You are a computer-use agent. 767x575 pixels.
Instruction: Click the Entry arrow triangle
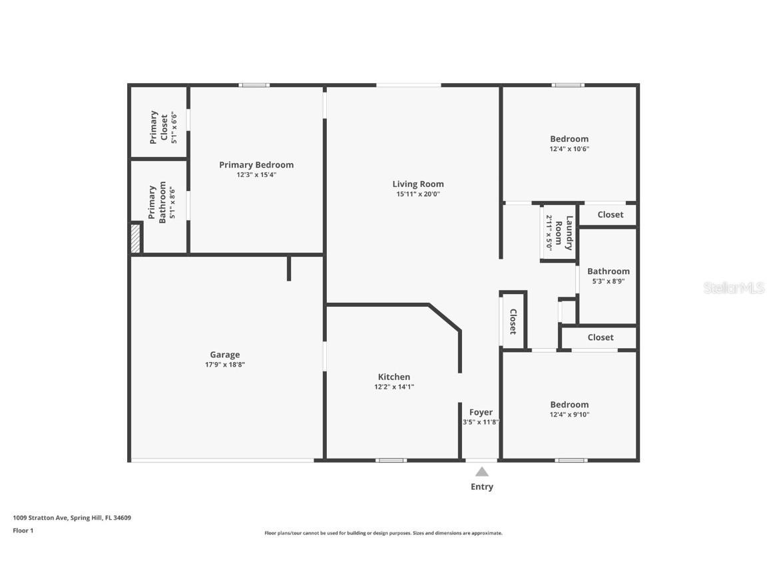(481, 472)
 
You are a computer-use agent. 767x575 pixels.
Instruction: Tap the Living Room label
(417, 184)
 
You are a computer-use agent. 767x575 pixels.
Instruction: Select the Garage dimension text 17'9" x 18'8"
(225, 365)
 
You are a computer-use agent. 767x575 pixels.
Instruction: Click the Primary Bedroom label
(256, 165)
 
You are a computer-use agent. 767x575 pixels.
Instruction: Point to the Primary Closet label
(158, 127)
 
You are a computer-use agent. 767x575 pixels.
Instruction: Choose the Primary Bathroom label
(157, 204)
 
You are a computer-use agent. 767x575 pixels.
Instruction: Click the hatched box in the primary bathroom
(135, 238)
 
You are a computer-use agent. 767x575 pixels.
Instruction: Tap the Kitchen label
(394, 377)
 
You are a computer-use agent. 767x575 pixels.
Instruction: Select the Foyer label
(481, 413)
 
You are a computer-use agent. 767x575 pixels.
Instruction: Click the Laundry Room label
(564, 232)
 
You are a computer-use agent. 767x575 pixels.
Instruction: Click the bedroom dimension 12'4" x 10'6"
(569, 149)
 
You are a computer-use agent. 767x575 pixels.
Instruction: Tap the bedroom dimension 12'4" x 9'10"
(569, 415)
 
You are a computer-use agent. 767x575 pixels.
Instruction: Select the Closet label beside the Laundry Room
(610, 214)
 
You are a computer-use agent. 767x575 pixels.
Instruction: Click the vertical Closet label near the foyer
(513, 321)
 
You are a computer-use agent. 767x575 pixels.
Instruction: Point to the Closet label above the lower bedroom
(600, 337)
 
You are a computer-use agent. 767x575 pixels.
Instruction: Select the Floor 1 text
(23, 530)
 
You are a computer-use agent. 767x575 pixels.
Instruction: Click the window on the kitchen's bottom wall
(390, 460)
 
